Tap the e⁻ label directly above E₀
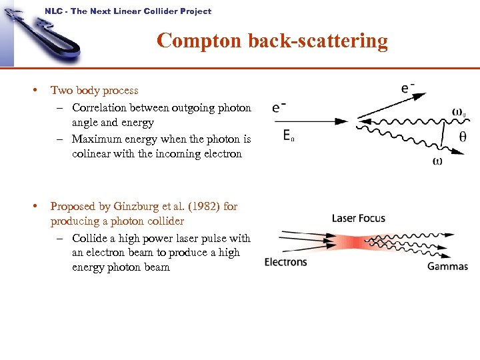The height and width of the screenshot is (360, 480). point(280,107)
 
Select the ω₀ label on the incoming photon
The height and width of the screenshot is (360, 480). point(459,111)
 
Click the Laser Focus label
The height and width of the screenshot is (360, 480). point(359,218)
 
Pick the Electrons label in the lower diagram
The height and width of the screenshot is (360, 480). point(285,261)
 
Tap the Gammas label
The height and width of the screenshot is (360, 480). point(447,266)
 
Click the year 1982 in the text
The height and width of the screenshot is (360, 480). point(205,206)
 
